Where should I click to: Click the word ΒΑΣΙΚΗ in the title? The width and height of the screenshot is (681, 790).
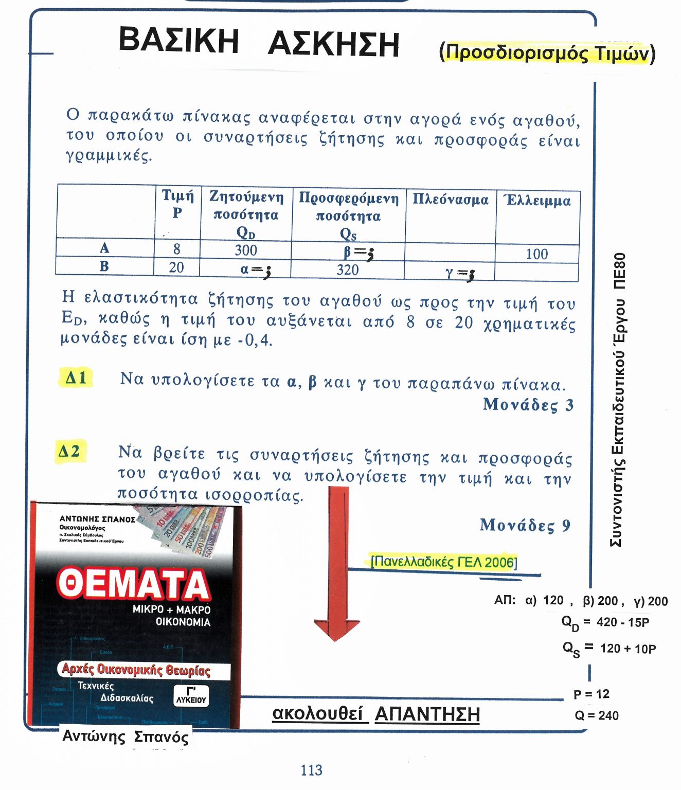[178, 41]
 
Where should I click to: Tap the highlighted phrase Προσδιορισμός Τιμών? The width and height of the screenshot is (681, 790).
[547, 53]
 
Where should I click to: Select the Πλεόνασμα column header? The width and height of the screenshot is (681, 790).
[450, 200]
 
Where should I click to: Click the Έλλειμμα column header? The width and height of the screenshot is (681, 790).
[537, 201]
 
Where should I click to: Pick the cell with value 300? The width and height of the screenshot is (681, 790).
[245, 250]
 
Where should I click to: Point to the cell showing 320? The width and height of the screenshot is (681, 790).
[348, 270]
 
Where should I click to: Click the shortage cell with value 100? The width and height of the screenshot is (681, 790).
[536, 254]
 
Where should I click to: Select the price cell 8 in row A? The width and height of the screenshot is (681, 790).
[176, 249]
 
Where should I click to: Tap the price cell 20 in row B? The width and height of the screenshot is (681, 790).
[176, 267]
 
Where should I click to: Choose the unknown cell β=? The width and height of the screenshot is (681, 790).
[358, 252]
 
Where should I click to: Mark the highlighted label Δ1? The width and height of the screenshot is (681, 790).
[76, 378]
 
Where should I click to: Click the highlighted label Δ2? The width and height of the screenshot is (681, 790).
[69, 452]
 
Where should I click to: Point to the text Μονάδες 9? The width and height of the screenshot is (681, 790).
[525, 525]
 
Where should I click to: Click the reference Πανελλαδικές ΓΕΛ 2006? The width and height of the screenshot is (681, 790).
[443, 561]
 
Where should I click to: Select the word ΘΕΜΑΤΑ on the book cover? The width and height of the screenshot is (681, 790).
[133, 584]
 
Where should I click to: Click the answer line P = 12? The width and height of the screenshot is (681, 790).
[591, 694]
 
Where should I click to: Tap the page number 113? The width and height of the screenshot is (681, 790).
[311, 770]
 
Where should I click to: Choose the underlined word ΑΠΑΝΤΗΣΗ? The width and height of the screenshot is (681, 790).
[427, 714]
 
